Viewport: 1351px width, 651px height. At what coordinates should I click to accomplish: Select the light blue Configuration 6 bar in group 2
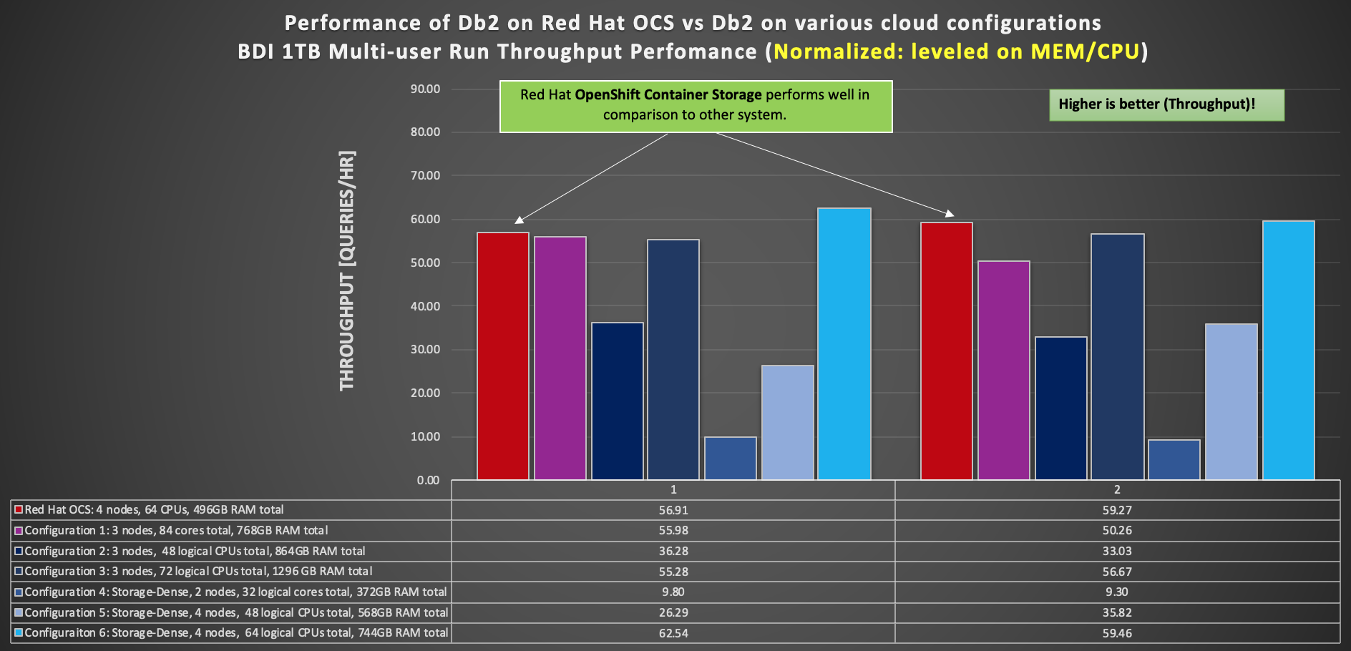point(1288,350)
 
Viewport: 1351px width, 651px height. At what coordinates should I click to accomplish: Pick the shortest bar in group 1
point(730,458)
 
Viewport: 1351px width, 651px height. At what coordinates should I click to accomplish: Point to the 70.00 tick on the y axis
point(425,175)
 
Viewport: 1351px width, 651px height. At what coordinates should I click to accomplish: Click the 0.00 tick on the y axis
point(428,480)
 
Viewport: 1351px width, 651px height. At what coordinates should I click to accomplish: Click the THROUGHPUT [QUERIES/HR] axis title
point(347,270)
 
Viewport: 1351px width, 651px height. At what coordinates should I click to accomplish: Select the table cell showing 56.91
point(673,510)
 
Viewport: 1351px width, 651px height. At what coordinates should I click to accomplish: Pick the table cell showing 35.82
point(1117,612)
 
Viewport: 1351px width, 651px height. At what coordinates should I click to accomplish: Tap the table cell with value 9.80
point(673,592)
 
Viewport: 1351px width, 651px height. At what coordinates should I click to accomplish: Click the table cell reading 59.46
point(1117,633)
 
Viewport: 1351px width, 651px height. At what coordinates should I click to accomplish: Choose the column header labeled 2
point(1117,489)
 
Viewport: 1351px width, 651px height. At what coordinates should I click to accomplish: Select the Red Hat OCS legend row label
point(154,509)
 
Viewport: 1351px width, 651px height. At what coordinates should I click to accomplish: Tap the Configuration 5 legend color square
point(19,612)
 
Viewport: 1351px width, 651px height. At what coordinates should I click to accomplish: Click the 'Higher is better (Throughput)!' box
point(1166,104)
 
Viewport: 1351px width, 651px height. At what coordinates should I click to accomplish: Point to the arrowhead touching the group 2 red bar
point(950,213)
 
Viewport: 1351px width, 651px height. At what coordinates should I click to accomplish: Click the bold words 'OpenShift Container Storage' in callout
point(668,94)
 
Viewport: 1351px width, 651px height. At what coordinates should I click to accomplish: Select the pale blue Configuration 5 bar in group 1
point(787,422)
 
